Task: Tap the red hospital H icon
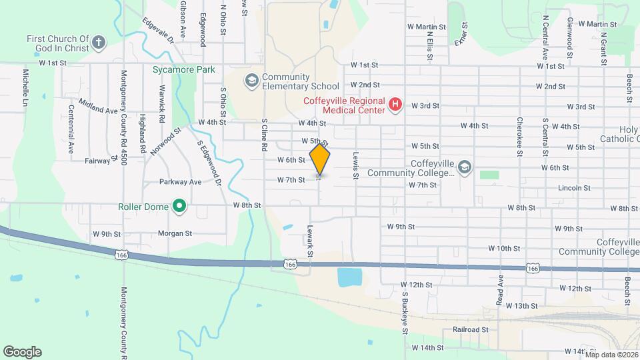tap(395, 105)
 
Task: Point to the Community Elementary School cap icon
tap(251, 81)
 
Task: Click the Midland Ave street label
tap(98, 106)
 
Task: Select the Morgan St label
tap(175, 233)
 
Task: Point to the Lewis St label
tap(356, 163)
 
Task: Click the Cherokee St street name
tap(519, 137)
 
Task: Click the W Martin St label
tap(427, 27)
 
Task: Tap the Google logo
tap(22, 352)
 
